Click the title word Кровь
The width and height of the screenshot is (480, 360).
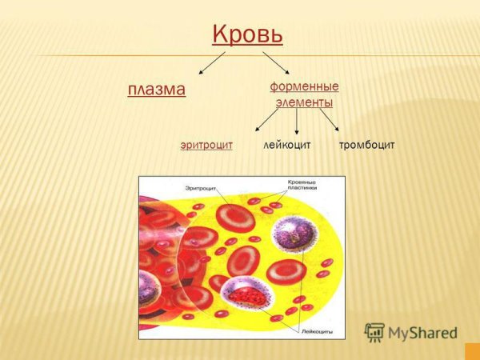[x=248, y=36]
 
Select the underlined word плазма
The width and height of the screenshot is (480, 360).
[x=157, y=89]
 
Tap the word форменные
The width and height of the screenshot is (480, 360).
[x=304, y=86]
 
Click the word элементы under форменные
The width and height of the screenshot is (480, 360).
[x=304, y=102]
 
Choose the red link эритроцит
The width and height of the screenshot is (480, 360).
[x=206, y=145]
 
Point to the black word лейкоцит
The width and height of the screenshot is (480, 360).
[x=286, y=145]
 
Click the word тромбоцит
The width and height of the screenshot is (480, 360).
[x=366, y=145]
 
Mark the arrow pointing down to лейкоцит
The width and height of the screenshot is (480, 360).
[x=297, y=122]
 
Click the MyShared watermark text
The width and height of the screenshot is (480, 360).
[x=422, y=334]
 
